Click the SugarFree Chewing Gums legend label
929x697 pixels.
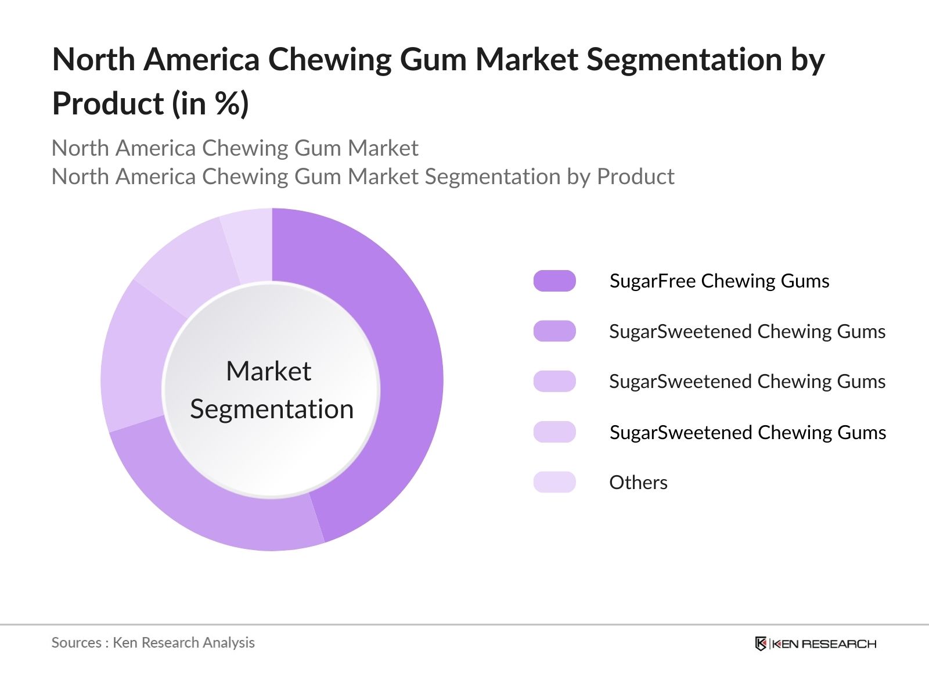[x=719, y=281]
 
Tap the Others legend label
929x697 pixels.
[x=638, y=482]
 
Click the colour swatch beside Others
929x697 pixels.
[x=554, y=482]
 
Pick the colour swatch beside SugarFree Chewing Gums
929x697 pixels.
[x=554, y=281]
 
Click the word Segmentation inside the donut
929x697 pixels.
[x=272, y=409]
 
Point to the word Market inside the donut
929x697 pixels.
[x=268, y=371]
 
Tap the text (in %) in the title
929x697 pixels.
[x=210, y=105]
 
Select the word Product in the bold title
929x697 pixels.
[x=108, y=105]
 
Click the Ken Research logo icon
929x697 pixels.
[x=761, y=644]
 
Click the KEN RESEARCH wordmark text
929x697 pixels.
[x=823, y=644]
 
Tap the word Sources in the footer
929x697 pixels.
[x=76, y=642]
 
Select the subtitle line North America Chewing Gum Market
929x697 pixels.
[x=235, y=148]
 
